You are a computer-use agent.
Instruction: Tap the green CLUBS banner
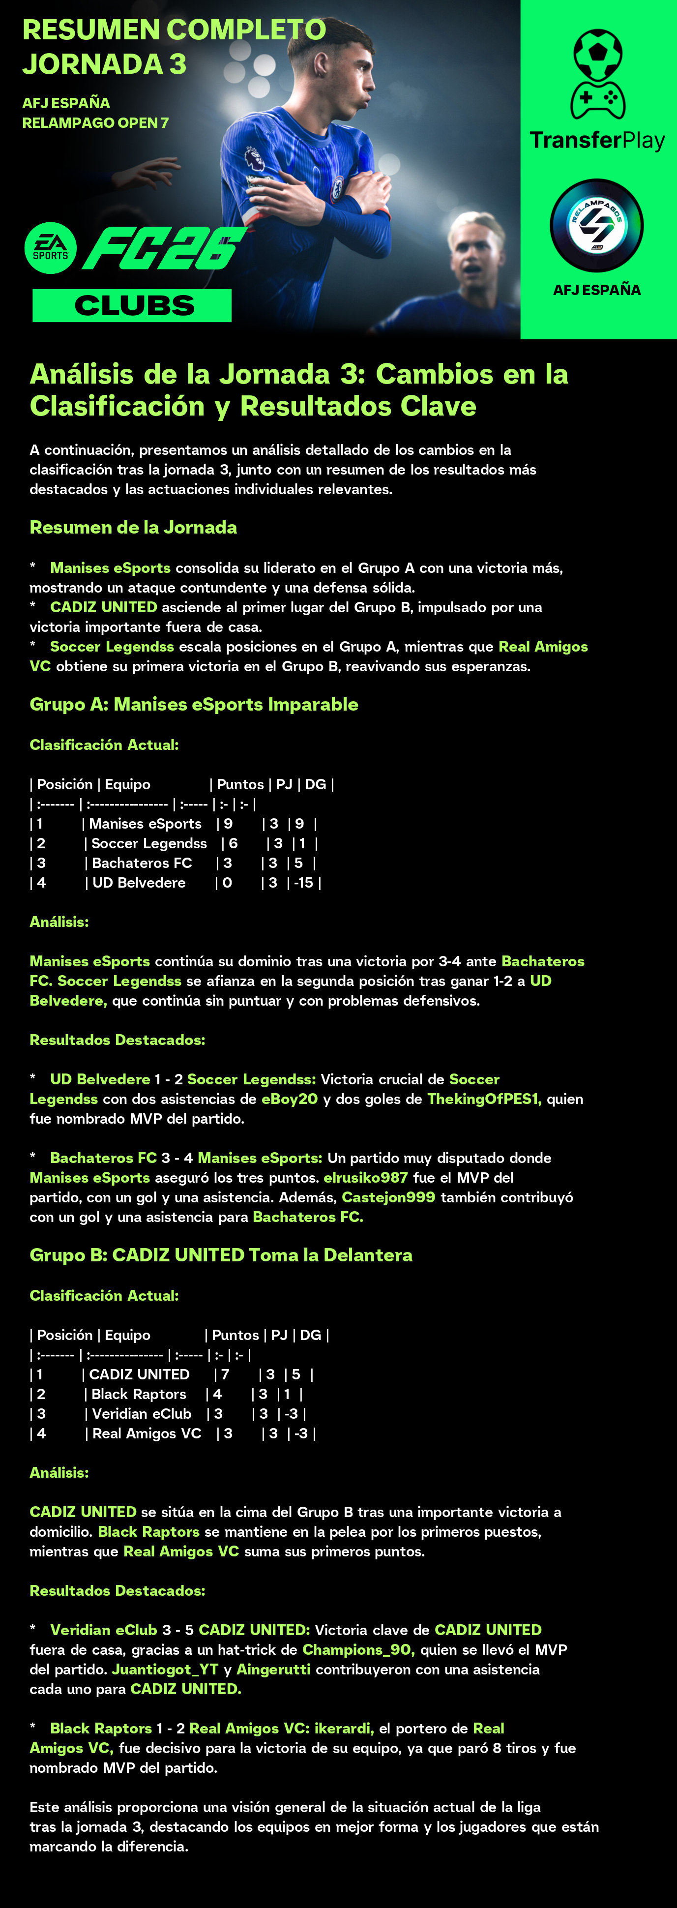[x=132, y=305]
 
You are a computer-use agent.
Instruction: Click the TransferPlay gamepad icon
[x=597, y=74]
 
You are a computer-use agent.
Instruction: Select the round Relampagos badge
[x=596, y=225]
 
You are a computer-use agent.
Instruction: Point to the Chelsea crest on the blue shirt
[x=338, y=185]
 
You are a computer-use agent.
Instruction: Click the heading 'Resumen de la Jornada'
[x=133, y=527]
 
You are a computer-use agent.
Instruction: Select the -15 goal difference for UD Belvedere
[x=304, y=883]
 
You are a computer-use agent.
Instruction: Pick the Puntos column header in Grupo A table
[x=240, y=784]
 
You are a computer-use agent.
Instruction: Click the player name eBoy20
[x=290, y=1099]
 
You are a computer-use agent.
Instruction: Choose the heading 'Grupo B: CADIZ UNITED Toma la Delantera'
[x=221, y=1255]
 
